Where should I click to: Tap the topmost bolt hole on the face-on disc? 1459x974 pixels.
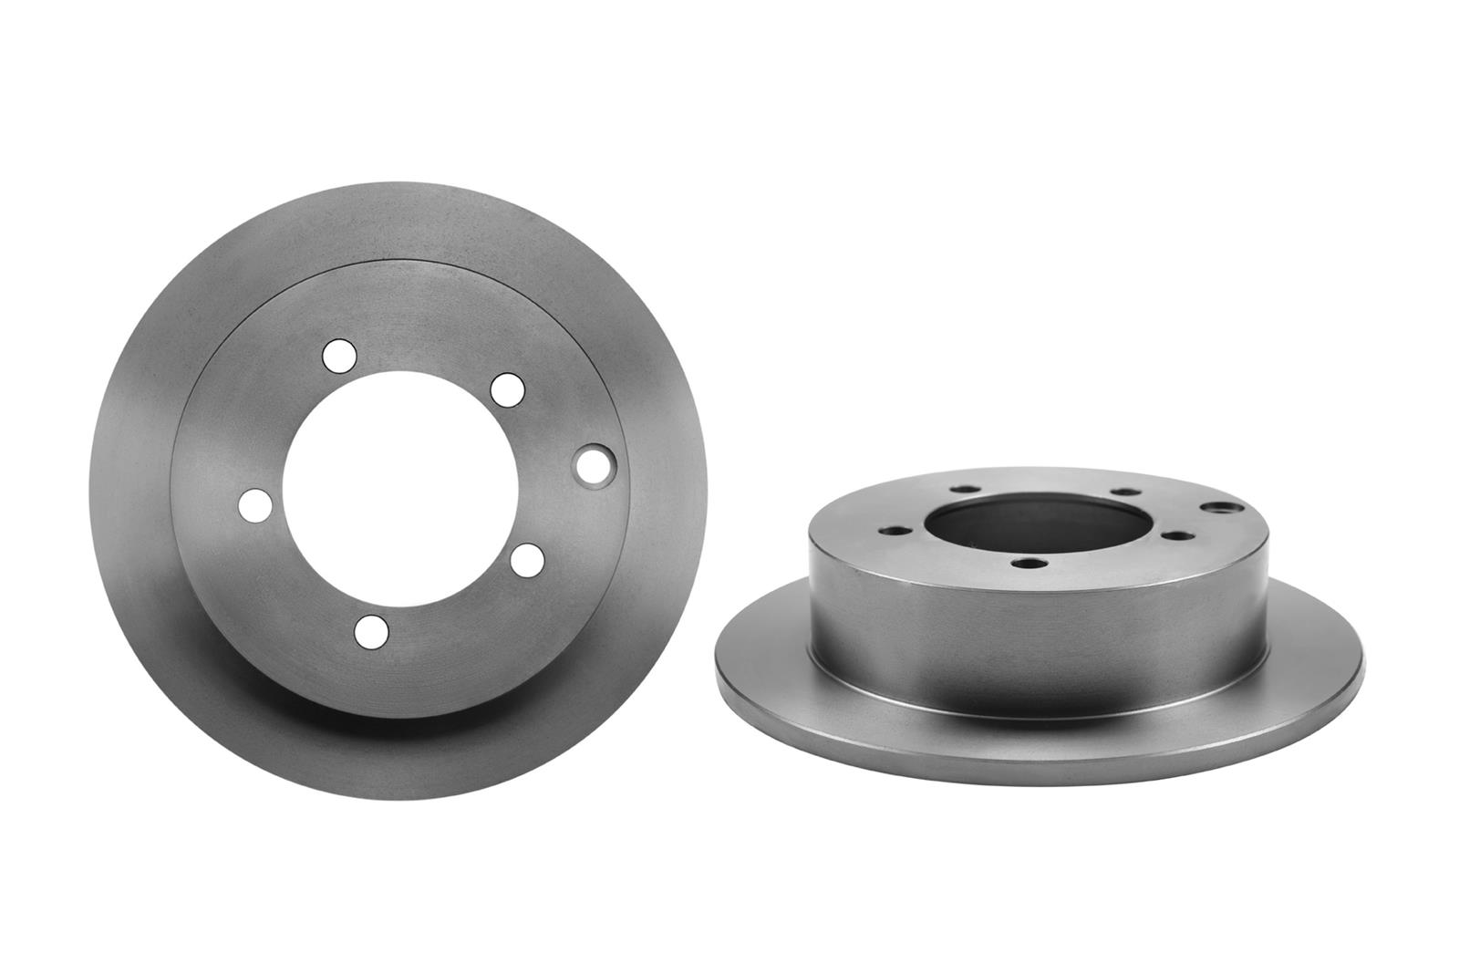(338, 355)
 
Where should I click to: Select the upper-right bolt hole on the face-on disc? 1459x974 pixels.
(507, 389)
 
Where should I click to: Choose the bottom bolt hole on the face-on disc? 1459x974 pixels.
(371, 630)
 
